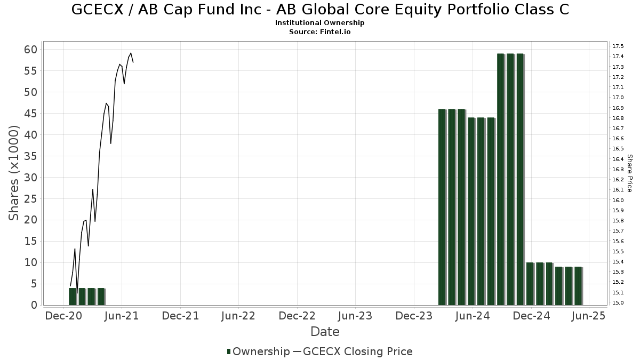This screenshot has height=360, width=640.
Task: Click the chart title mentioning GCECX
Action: pos(320,9)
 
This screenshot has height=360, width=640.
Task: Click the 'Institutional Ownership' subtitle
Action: pos(320,23)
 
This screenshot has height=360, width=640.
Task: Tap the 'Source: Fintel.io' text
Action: pos(320,32)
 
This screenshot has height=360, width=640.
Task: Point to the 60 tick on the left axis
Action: pos(30,50)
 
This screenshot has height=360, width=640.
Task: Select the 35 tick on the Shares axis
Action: pos(30,156)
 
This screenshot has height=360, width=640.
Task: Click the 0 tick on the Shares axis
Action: pos(34,305)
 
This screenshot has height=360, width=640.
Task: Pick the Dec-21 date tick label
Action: pos(180,316)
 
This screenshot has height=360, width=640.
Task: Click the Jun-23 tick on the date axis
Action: pos(355,316)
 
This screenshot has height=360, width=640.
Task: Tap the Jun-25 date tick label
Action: pos(588,316)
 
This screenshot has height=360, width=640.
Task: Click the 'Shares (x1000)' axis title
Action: pos(14,173)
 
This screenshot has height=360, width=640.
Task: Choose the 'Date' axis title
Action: pos(325,332)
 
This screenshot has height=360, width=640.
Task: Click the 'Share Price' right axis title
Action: pos(629,173)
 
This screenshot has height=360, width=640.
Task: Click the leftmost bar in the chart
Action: pos(72,297)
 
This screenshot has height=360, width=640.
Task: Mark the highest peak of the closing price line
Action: pos(131,53)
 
